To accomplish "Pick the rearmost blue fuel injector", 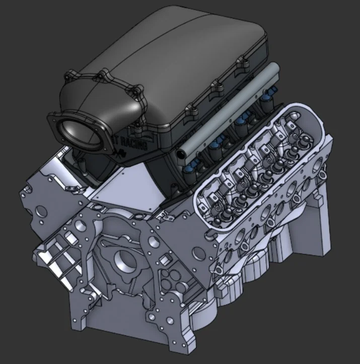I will [271, 92].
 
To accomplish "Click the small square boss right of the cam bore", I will [162, 260].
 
